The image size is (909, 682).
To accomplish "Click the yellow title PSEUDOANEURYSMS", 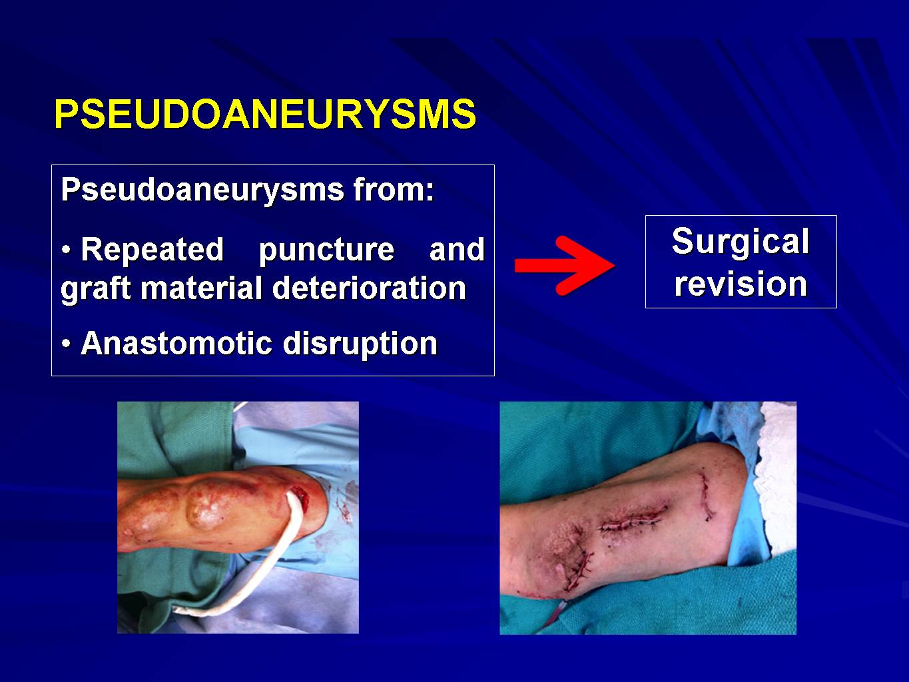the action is [x=266, y=115].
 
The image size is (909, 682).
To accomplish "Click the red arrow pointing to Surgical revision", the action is [x=565, y=266].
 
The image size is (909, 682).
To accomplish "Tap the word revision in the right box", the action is [x=741, y=284].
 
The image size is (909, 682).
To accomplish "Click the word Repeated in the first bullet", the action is [x=152, y=249].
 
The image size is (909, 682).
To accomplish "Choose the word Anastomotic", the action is [x=176, y=343].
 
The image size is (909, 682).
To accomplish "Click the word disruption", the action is [x=360, y=344].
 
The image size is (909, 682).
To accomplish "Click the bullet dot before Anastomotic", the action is [x=66, y=344].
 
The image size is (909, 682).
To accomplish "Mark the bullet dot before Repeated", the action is [x=66, y=250].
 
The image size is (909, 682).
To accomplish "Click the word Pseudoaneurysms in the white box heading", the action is [x=202, y=190].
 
